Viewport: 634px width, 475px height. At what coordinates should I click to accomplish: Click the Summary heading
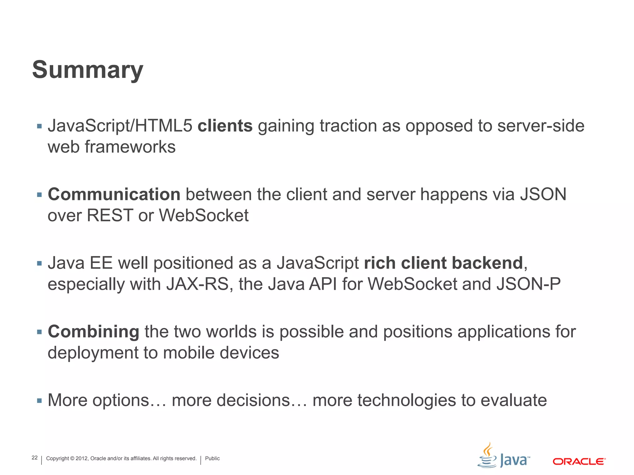pyautogui.click(x=88, y=70)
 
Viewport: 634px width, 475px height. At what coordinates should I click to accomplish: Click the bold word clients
pyautogui.click(x=225, y=126)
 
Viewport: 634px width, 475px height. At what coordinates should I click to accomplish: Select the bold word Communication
pyautogui.click(x=114, y=195)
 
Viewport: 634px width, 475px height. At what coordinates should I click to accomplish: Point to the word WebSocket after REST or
pyautogui.click(x=204, y=216)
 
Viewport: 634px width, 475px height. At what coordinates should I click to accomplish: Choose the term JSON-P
pyautogui.click(x=528, y=284)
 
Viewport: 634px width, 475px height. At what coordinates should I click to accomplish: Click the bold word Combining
pyautogui.click(x=93, y=332)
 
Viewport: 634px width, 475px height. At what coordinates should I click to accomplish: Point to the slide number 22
pyautogui.click(x=35, y=458)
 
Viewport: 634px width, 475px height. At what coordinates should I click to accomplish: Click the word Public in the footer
pyautogui.click(x=212, y=458)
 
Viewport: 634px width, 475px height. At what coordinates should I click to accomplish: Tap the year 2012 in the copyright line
pyautogui.click(x=82, y=458)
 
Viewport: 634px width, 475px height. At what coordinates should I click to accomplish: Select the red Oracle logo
pyautogui.click(x=579, y=461)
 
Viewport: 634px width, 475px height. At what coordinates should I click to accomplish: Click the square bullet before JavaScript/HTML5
pyautogui.click(x=39, y=126)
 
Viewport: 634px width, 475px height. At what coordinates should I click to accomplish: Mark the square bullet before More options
pyautogui.click(x=39, y=401)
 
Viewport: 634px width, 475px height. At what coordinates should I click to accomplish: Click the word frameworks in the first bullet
pyautogui.click(x=130, y=147)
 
